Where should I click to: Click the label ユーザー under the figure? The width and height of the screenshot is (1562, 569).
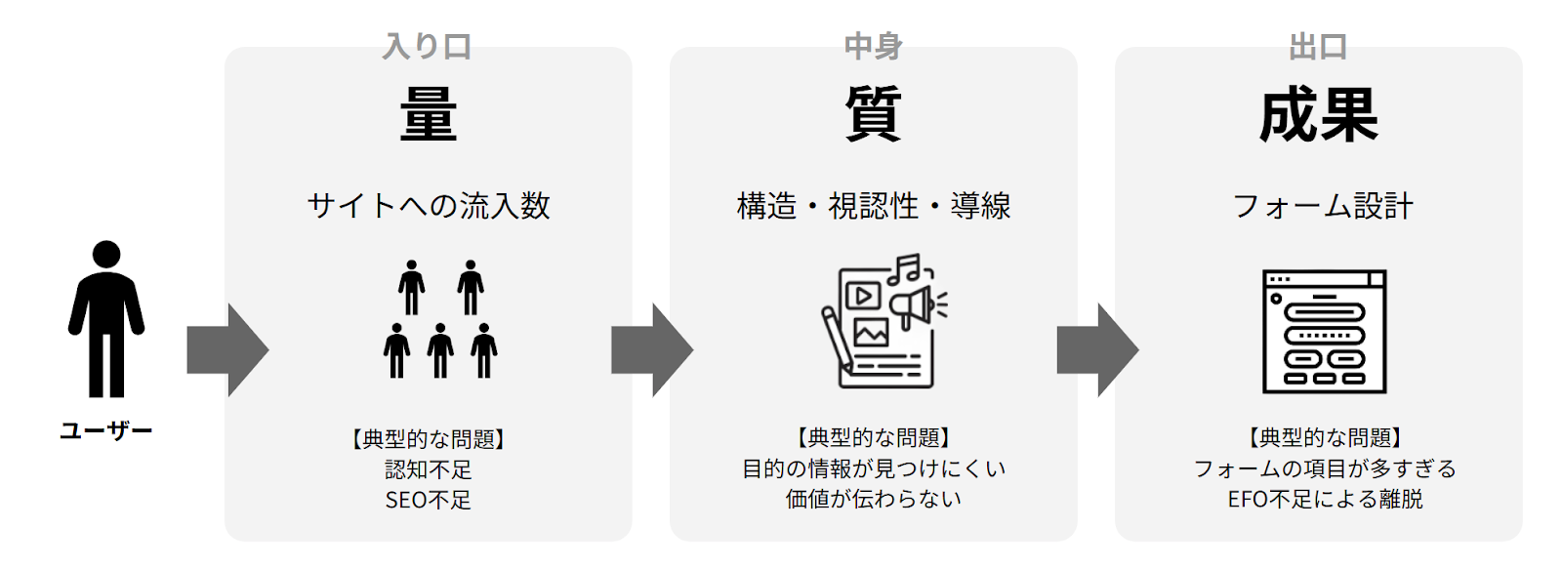(x=106, y=431)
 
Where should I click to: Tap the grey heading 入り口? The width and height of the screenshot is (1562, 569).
(x=428, y=46)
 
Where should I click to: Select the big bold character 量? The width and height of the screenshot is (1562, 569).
(x=428, y=114)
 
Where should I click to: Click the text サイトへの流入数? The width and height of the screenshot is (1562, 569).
(x=429, y=206)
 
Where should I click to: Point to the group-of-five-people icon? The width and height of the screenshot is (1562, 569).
(x=440, y=319)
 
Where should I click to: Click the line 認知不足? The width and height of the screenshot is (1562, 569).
(x=428, y=469)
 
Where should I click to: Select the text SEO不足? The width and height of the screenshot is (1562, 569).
(x=428, y=500)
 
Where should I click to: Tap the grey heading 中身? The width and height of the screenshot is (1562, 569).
(x=873, y=46)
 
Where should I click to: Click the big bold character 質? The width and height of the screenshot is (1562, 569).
(x=873, y=114)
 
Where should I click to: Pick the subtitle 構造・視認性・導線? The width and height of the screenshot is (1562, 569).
(x=873, y=206)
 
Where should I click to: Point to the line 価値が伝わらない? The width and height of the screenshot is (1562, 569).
(x=873, y=499)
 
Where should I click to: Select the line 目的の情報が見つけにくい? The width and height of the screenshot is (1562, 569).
(x=873, y=468)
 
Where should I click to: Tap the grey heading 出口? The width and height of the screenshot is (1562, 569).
(x=1318, y=46)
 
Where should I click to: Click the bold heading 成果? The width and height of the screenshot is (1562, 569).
(x=1318, y=115)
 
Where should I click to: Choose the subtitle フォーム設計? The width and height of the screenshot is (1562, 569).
(x=1323, y=206)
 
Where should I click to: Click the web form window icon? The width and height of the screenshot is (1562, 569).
(x=1324, y=332)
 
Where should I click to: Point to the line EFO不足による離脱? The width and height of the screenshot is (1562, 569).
(x=1325, y=499)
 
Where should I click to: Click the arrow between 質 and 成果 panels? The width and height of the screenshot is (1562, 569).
(x=1097, y=349)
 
